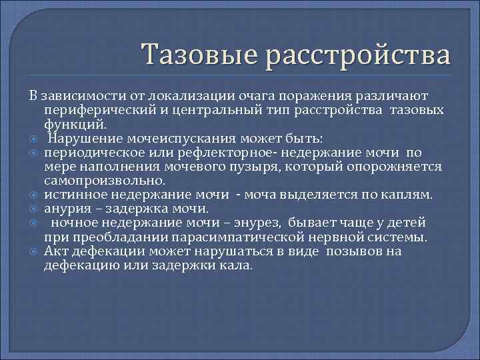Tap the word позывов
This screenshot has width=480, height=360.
pos(357,251)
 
